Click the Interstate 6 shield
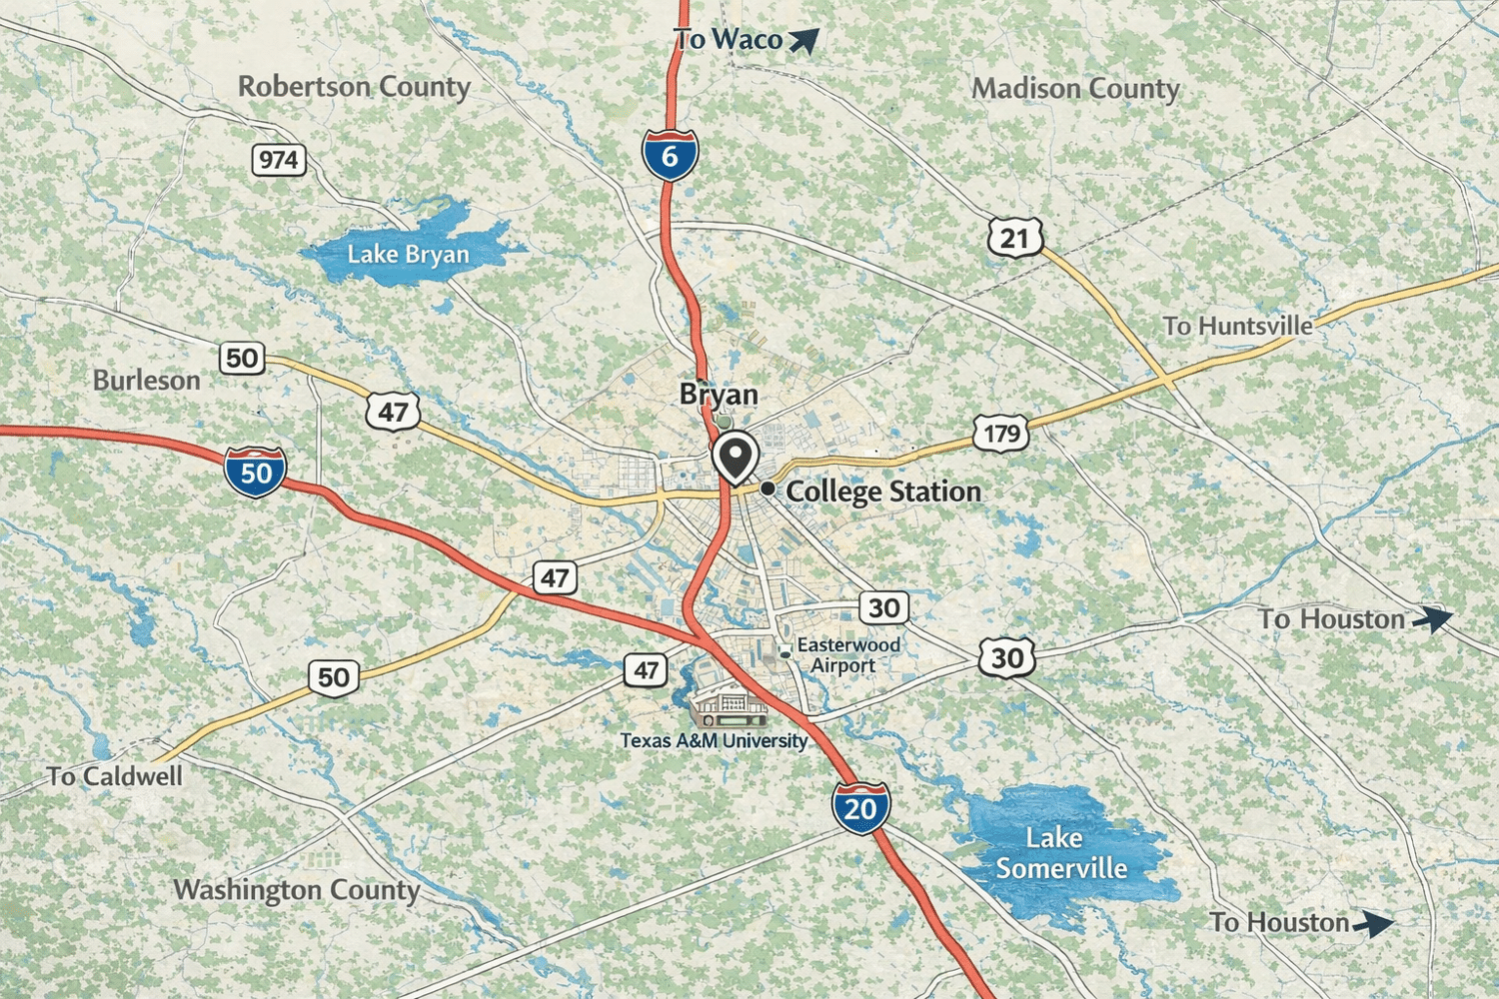pos(670,155)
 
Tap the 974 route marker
pos(278,160)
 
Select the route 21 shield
pos(1015,238)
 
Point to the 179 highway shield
pos(1001,434)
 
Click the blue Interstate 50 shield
pos(255,473)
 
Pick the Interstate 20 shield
pos(860,807)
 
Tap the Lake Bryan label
pos(408,255)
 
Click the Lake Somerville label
pos(1060,853)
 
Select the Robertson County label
pos(354,87)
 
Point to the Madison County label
pos(1075,89)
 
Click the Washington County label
pos(296,889)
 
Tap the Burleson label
pos(147,381)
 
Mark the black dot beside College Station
pos(767,489)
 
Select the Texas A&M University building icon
pos(731,708)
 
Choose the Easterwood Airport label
pos(846,655)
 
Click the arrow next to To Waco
pos(803,40)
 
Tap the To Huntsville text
pos(1237,327)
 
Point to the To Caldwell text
pos(115,776)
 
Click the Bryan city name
pos(719,395)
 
